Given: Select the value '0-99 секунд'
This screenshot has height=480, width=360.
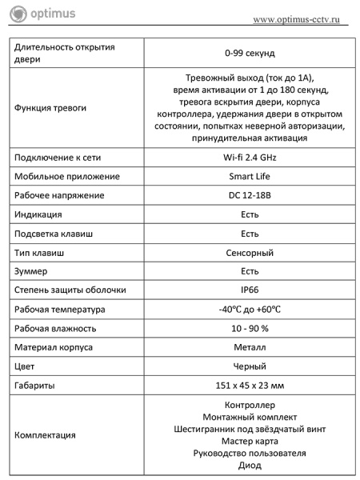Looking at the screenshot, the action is pos(250,53).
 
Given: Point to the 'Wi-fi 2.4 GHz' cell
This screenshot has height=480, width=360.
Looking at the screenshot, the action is pos(250,158).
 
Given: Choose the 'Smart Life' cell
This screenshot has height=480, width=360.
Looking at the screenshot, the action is pos(250,176).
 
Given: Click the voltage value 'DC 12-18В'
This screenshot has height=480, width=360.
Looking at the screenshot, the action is pos(250,195).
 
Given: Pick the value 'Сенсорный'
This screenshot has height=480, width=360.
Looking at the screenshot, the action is pos(250,253).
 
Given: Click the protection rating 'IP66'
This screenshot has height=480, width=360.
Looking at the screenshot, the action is pos(250,290).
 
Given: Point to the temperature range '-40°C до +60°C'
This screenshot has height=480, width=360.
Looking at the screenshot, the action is pos(250,310).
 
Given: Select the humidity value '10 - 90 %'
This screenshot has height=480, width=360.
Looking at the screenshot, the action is pos(250,328).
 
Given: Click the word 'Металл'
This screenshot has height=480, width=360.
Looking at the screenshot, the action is pos(250,347).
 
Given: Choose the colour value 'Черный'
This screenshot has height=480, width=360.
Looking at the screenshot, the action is pos(250,366).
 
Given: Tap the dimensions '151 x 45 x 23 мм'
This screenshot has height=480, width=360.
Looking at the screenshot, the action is pos(250,386).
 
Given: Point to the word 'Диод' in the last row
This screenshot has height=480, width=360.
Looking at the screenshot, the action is pos(250,466).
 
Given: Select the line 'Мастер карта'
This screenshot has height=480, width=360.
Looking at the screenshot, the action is pos(250,441).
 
